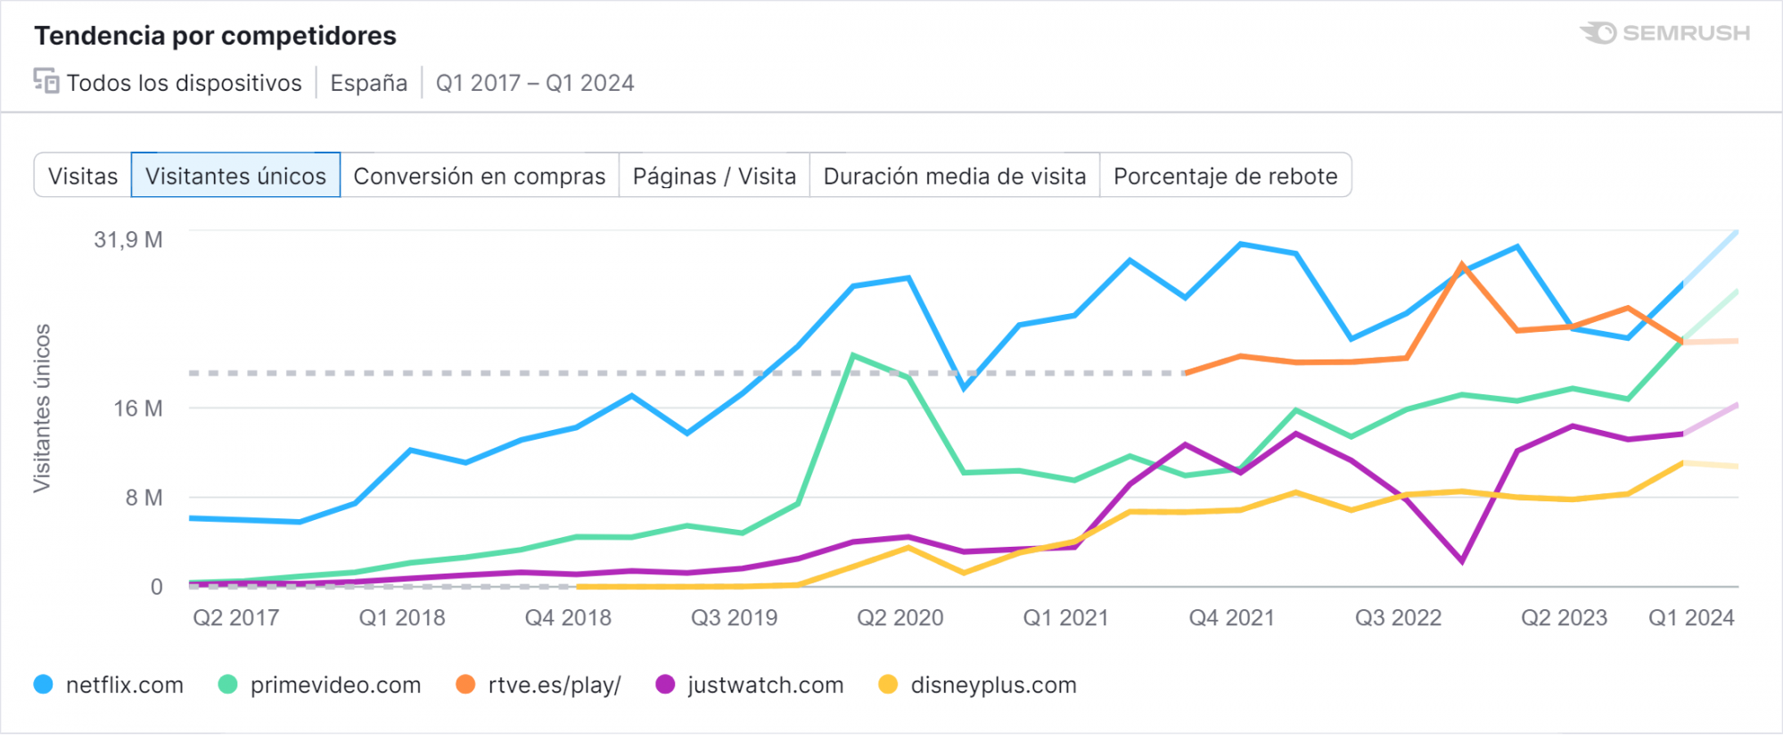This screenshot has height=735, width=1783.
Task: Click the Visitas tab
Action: [83, 176]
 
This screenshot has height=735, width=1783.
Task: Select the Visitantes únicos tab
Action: [235, 176]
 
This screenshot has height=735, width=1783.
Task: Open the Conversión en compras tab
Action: [480, 176]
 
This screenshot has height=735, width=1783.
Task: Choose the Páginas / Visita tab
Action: [714, 176]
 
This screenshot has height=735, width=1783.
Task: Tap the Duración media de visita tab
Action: [955, 176]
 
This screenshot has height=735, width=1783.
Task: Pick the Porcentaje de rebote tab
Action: [1226, 176]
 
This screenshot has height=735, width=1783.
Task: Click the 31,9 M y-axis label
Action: [128, 240]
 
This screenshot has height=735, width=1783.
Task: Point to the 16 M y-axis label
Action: [138, 409]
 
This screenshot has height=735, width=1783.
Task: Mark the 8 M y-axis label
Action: [144, 498]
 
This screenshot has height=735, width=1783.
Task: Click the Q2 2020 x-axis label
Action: [900, 618]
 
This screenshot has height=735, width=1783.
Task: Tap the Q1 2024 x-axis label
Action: [1691, 618]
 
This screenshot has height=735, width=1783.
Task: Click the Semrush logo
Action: [1664, 33]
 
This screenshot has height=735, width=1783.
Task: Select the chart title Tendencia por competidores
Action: [215, 36]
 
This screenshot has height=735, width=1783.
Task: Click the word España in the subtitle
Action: [368, 83]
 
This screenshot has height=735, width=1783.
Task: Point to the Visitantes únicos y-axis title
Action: [42, 408]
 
